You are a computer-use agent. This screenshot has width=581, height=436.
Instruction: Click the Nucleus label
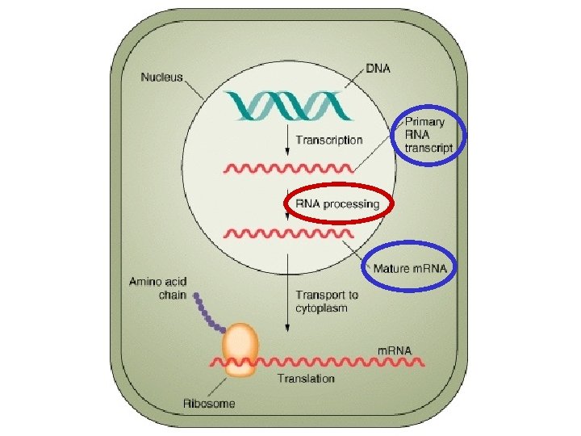pos(162,78)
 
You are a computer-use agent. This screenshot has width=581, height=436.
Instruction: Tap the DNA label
pos(378,69)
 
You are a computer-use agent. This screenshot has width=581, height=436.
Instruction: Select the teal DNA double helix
pos(286,106)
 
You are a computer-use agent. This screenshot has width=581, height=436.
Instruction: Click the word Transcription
pos(328,140)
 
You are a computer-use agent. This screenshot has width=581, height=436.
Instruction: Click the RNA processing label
pos(338,204)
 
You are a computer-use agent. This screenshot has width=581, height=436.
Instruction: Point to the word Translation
pos(306,378)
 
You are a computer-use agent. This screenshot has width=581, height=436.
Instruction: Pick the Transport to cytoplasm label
pos(327,302)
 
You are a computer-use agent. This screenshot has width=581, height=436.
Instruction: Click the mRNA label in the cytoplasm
pos(395,350)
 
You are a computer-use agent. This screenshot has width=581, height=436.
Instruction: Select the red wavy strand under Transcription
pos(288,168)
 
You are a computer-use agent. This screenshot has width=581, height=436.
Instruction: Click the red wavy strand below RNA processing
pos(288,234)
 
